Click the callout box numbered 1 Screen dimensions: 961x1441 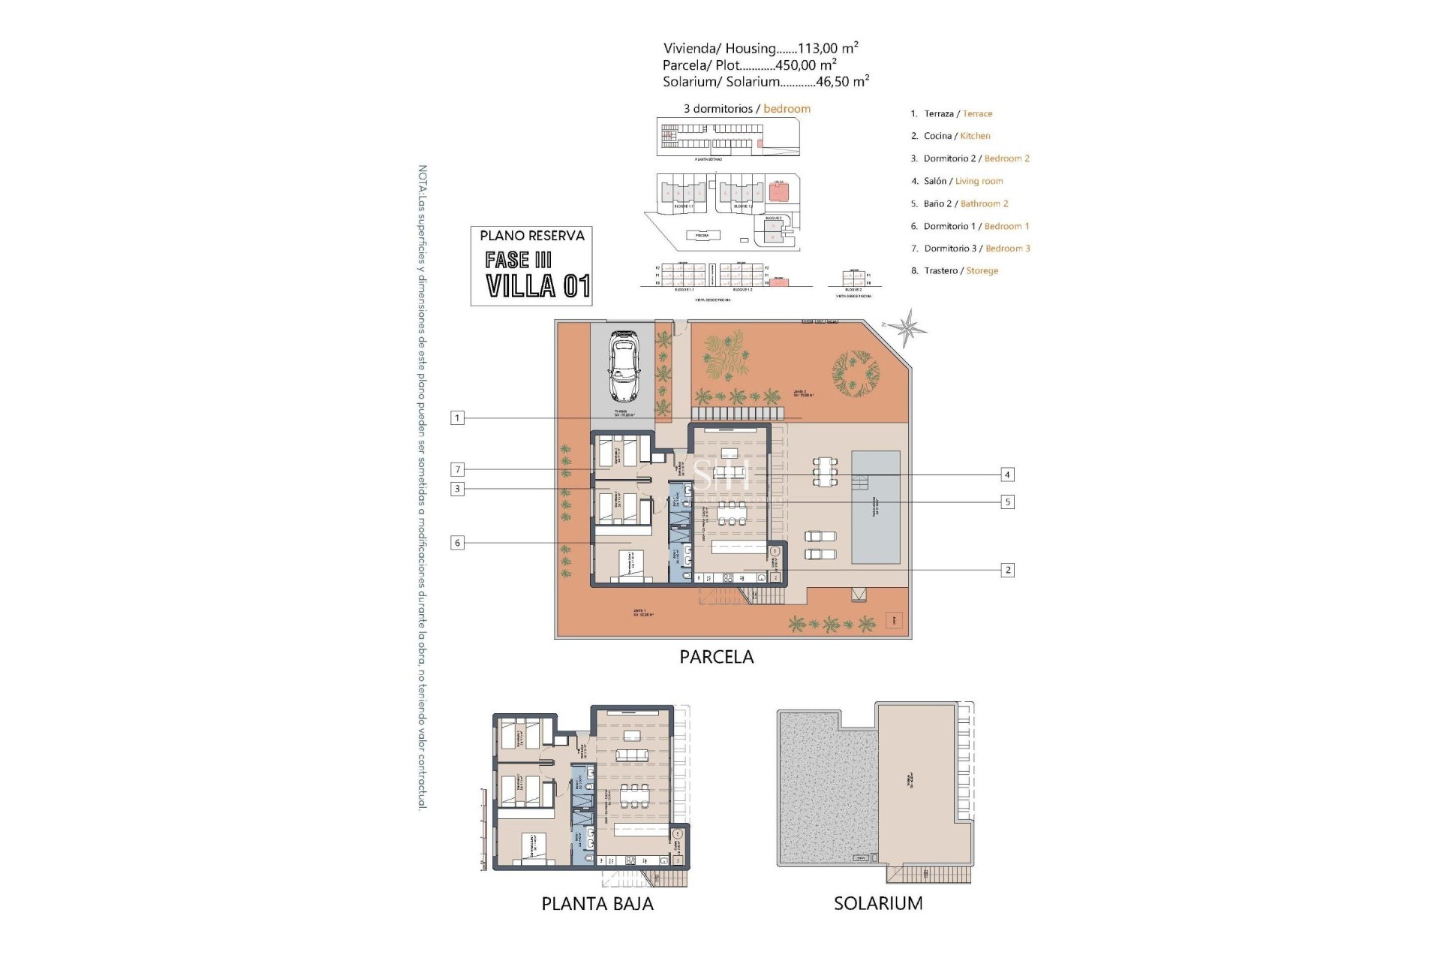point(457,418)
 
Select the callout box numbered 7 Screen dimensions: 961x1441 point(457,470)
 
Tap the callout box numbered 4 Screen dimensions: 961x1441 point(1007,474)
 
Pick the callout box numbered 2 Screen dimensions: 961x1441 point(1007,571)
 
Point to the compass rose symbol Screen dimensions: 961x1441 point(909,329)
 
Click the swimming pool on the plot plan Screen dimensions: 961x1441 point(875,508)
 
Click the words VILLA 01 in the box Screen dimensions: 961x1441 point(537,286)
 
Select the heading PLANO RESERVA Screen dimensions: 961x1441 point(532,236)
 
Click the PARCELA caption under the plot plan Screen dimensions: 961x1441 point(716,657)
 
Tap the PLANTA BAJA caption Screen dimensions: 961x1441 point(597,904)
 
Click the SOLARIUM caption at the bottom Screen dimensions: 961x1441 point(878,904)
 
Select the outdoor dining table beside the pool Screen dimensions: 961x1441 point(825,471)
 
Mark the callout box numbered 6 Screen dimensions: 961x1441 point(457,543)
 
